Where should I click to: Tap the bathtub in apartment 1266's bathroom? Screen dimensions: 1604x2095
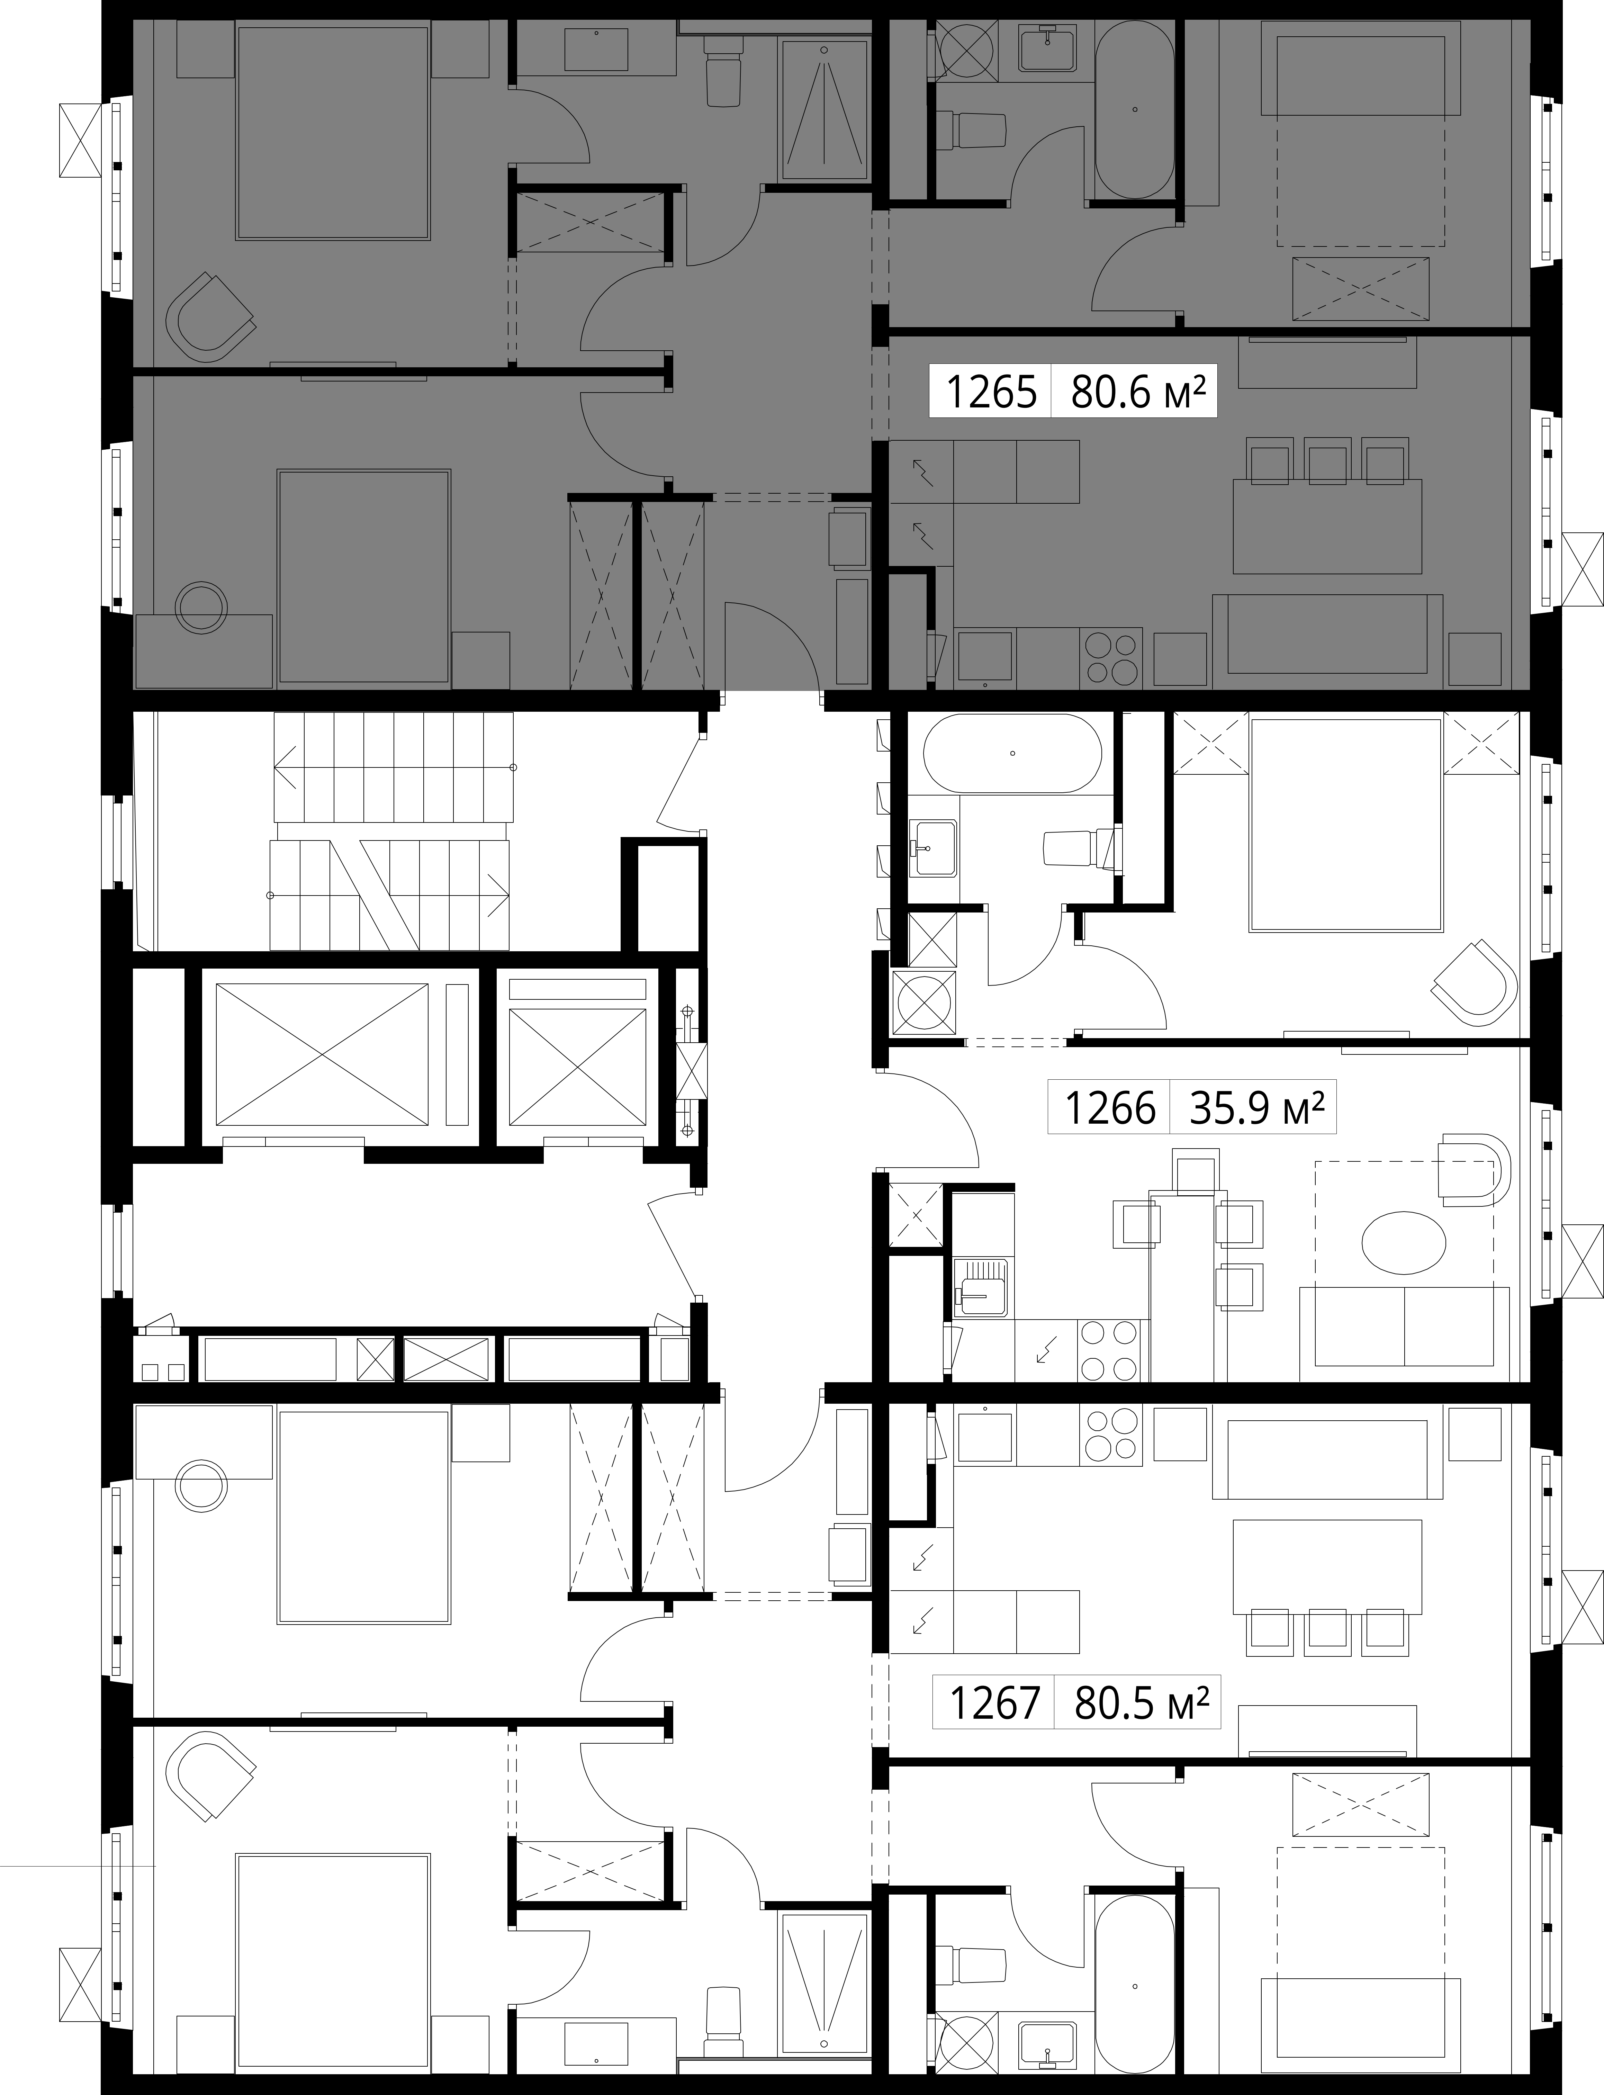point(1013,753)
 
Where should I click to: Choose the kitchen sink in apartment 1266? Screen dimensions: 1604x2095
point(983,1287)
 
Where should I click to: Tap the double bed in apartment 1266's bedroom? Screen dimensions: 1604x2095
point(1346,824)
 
